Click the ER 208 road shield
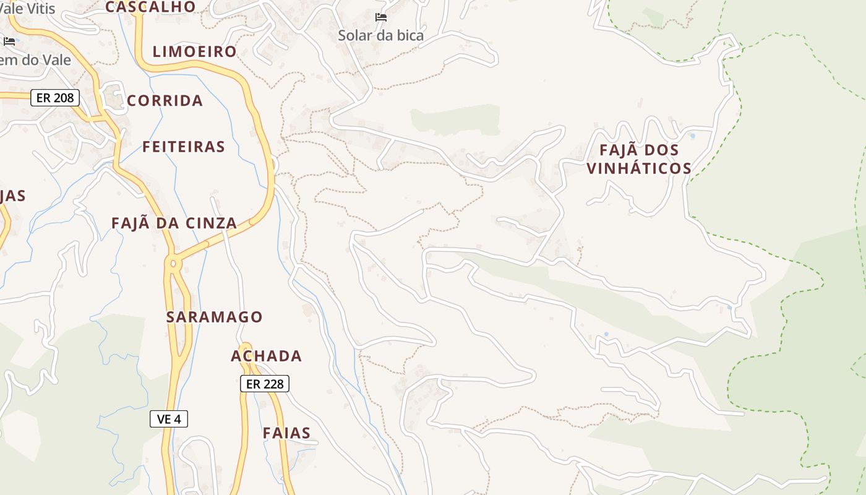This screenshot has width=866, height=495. tap(55, 98)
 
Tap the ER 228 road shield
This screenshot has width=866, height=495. tap(265, 384)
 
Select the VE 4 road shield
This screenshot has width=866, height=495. tap(169, 419)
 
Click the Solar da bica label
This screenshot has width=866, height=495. tap(380, 35)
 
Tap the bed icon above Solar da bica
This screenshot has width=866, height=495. tap(381, 17)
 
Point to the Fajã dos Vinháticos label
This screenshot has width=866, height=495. tap(639, 159)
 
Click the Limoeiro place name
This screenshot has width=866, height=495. tap(194, 52)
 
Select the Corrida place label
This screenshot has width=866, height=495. tap(165, 101)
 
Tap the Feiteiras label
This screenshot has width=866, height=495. tap(184, 147)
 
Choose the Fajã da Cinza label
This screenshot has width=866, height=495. tap(174, 223)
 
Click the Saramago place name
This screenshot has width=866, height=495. tap(214, 317)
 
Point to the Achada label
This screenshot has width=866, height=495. tap(266, 356)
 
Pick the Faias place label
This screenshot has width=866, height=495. tap(286, 433)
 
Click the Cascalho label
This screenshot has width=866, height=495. tap(150, 7)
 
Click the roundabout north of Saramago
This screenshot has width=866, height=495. tap(173, 264)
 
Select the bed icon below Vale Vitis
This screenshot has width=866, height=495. tap(9, 41)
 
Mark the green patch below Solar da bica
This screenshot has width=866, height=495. tap(456, 120)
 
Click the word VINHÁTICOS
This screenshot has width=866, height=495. tap(639, 168)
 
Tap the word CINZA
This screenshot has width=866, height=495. tap(211, 223)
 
